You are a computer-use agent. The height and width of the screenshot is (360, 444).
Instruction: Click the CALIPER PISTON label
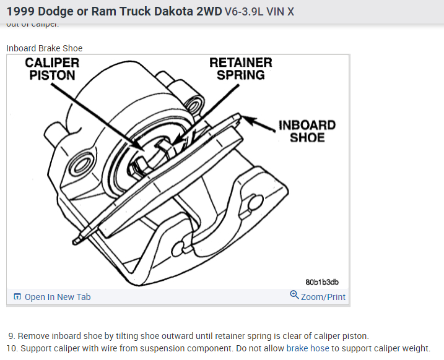(x=52, y=69)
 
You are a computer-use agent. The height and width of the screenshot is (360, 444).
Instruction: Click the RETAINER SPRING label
(x=240, y=69)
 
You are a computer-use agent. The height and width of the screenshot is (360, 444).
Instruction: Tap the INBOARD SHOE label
(x=307, y=131)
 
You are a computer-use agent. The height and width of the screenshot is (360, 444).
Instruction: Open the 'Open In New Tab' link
(x=57, y=297)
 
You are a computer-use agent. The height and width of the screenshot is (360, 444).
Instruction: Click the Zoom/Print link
(x=323, y=297)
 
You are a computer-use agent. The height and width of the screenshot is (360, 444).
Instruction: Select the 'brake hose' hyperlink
(x=307, y=348)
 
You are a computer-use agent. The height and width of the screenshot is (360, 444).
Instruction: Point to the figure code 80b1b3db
(x=322, y=282)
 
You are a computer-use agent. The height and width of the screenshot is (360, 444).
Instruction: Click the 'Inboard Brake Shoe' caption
(x=44, y=48)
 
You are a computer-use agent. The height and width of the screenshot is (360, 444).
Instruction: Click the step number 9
(x=12, y=336)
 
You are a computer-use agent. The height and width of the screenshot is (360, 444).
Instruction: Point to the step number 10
(x=12, y=348)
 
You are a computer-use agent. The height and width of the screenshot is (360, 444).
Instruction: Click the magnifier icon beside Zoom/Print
(x=294, y=295)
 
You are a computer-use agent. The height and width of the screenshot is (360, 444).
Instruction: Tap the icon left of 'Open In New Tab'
(x=17, y=297)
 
